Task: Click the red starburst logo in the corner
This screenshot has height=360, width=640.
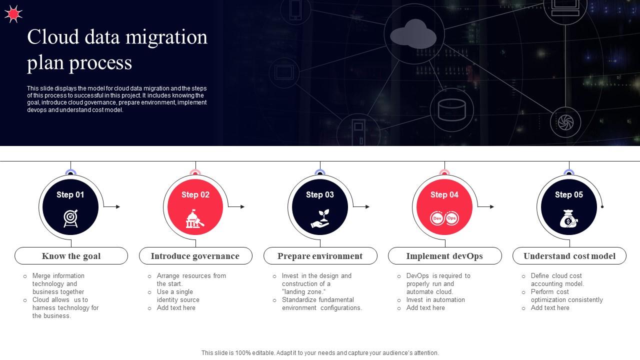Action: [x=13, y=14]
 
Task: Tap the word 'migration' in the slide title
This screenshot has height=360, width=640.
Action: [x=168, y=37]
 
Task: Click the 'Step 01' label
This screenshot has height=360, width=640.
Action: [x=70, y=195]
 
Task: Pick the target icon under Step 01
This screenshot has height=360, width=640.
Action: [x=70, y=218]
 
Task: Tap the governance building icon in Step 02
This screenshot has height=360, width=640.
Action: [x=195, y=218]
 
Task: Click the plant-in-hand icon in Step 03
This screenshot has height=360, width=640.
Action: [x=320, y=218]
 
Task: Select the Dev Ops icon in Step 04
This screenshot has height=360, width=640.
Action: [x=444, y=218]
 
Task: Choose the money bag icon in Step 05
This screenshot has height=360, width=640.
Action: [x=568, y=218]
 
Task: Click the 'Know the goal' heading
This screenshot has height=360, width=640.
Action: [x=71, y=256]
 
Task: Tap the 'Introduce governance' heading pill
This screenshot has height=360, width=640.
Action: [x=195, y=256]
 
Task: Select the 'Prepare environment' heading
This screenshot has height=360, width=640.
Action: [x=320, y=256]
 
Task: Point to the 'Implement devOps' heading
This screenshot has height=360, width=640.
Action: [x=444, y=256]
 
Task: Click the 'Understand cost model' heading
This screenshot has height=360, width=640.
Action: [x=569, y=256]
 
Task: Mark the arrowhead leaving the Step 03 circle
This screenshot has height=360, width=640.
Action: [x=367, y=206]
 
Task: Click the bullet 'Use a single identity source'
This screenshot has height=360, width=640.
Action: [x=178, y=296]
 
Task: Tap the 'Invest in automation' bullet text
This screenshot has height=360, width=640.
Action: [x=435, y=300]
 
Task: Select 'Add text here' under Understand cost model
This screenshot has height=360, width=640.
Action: [x=550, y=308]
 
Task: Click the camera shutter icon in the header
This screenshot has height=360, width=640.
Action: [x=565, y=121]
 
